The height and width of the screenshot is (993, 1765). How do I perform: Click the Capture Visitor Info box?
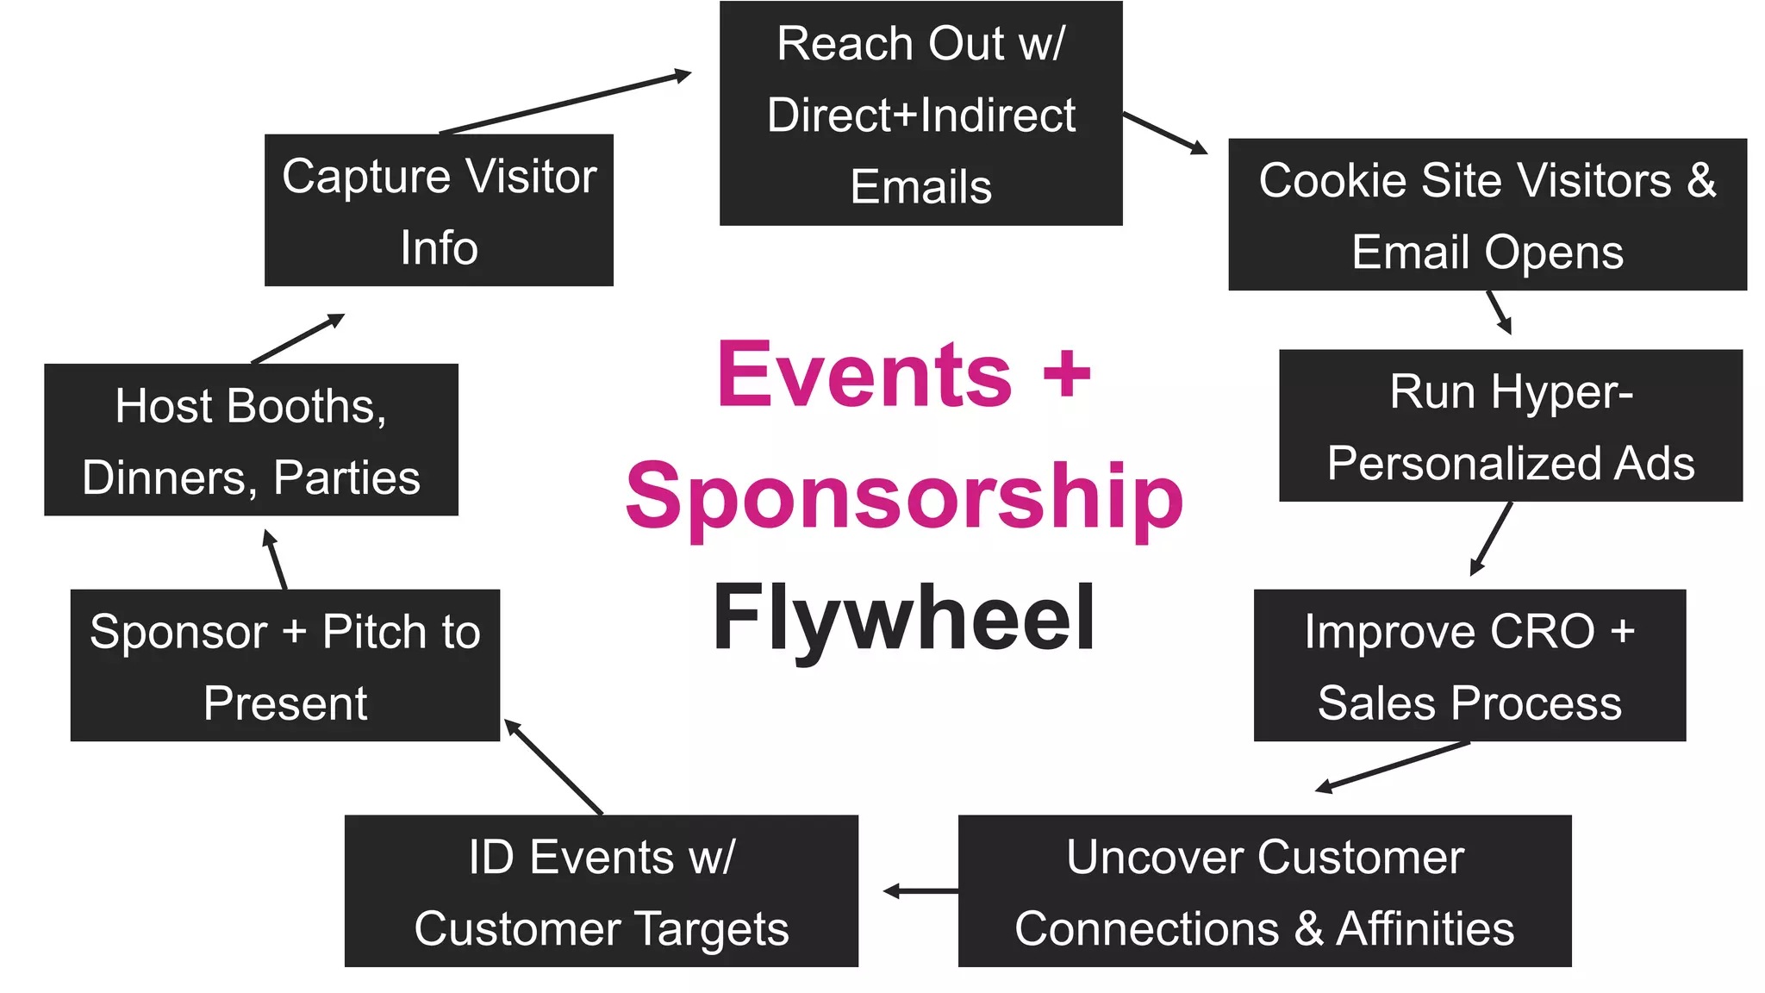point(439,210)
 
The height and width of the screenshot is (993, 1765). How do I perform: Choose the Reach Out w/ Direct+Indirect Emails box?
point(920,114)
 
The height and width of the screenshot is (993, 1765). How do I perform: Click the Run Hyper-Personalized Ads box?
point(1510,426)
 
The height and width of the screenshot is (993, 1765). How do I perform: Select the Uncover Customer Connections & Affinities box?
point(1264,891)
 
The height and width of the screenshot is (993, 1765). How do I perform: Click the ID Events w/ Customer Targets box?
point(601,891)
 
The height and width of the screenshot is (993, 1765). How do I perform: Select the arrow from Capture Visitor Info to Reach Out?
point(565,103)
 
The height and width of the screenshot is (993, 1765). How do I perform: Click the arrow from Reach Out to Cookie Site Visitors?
point(1164,133)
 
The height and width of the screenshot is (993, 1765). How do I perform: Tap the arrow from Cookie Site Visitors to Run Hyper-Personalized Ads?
point(1500,312)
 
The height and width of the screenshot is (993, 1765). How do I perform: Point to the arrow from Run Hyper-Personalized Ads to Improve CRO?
point(1491,539)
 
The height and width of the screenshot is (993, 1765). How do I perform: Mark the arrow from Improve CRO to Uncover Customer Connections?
point(1393,765)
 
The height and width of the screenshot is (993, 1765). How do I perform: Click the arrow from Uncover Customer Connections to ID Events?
point(920,891)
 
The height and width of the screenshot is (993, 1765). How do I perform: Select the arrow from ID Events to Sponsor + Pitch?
point(553,766)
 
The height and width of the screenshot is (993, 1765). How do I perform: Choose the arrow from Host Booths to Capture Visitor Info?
point(297,339)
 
